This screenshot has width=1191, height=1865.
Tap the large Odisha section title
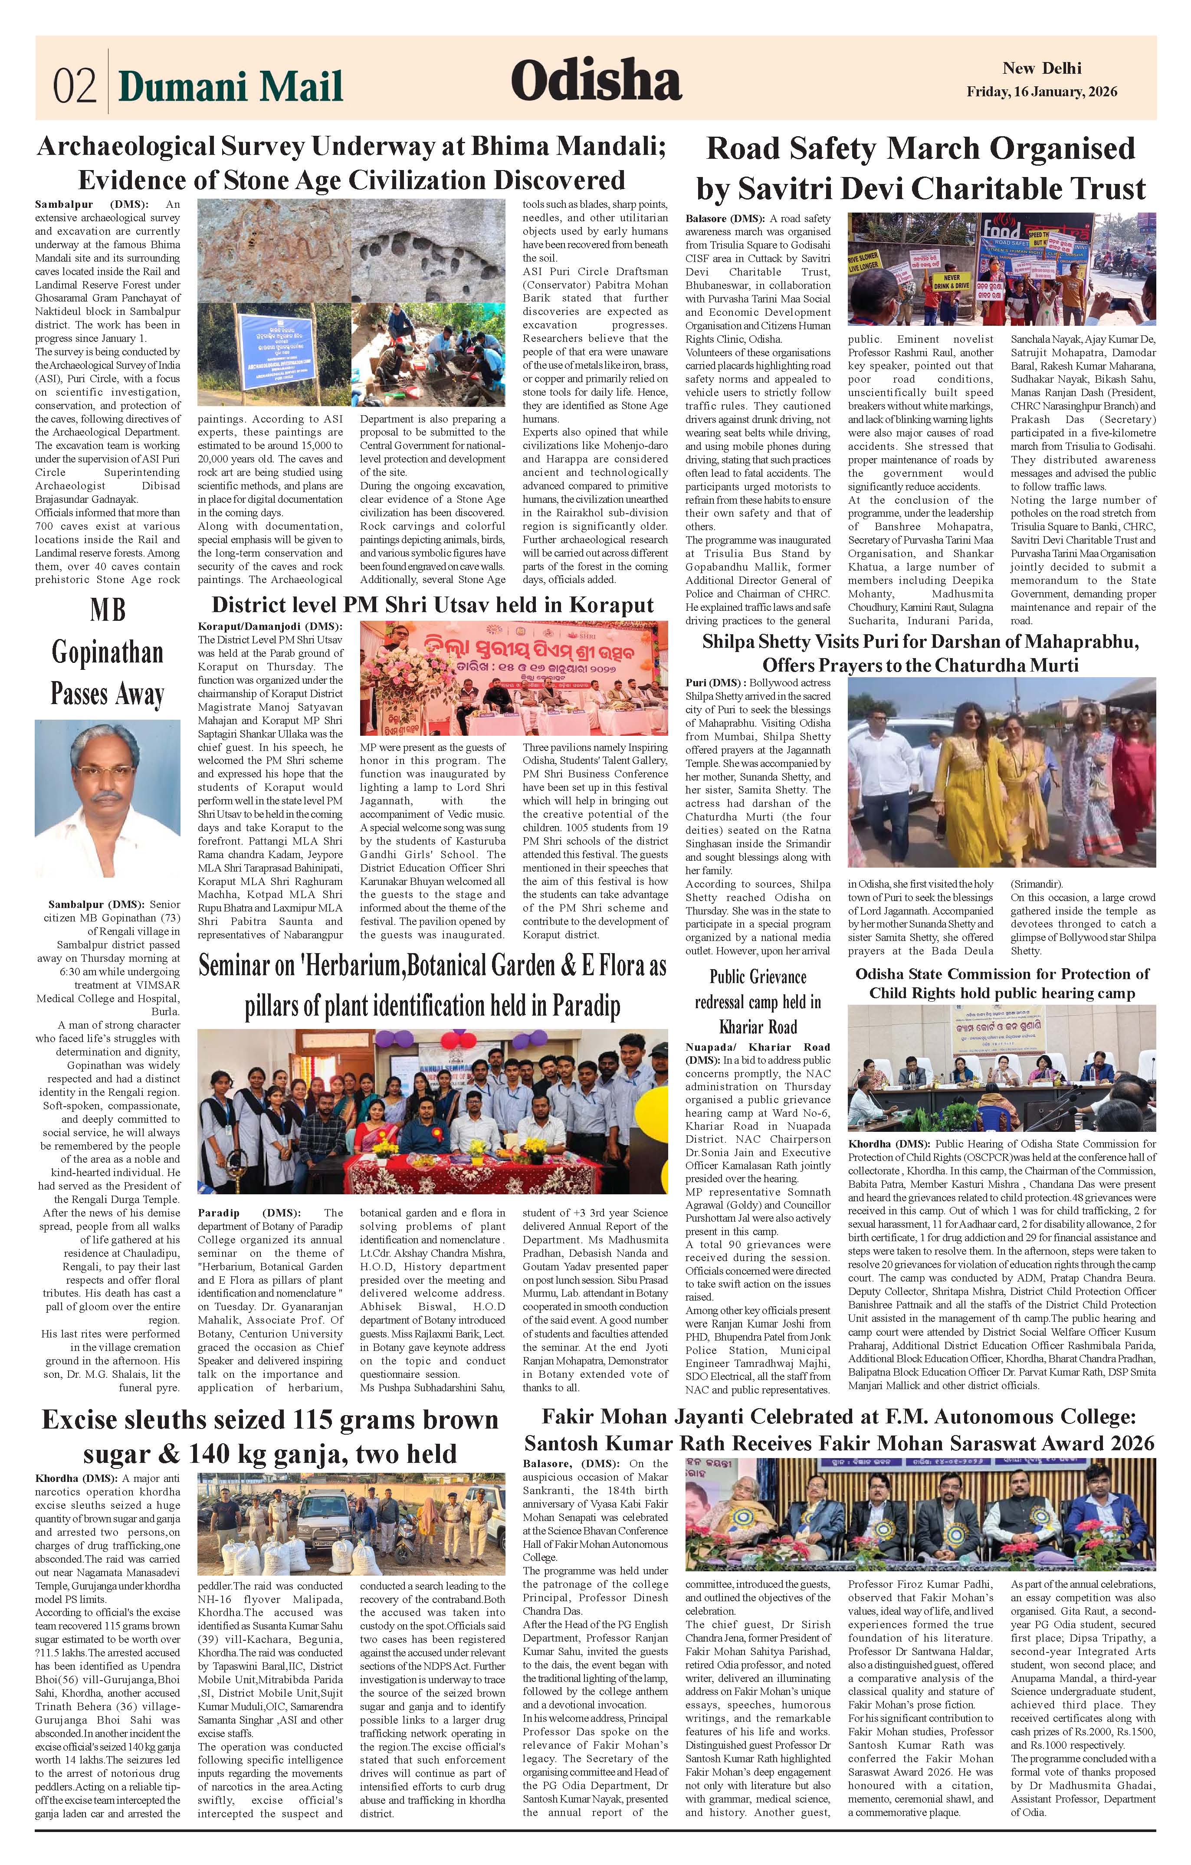pos(595,81)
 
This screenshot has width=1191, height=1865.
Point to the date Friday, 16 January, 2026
pos(1042,92)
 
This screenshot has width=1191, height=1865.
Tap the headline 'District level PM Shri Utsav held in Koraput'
pos(432,604)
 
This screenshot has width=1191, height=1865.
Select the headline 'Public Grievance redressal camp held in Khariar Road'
pos(758,1001)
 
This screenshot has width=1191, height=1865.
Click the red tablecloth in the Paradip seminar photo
pos(433,1167)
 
